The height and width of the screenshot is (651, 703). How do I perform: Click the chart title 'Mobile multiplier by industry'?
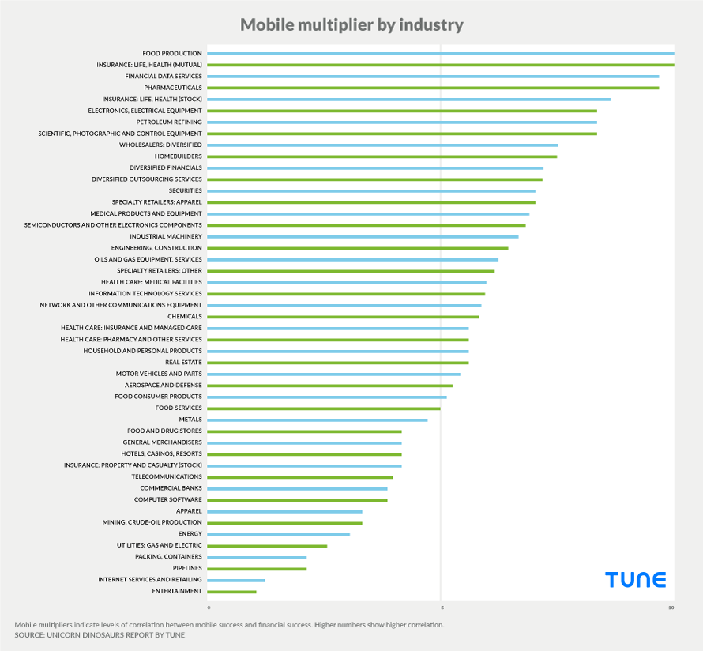[x=351, y=25]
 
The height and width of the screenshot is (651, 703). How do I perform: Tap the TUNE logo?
[x=636, y=580]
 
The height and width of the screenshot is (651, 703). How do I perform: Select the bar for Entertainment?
[x=231, y=592]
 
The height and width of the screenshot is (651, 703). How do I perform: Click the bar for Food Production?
[x=440, y=54]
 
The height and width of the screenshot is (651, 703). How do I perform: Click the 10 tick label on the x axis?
[x=671, y=608]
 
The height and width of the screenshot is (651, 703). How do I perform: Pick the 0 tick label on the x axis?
[x=209, y=608]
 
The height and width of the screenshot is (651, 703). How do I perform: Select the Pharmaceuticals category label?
[x=173, y=88]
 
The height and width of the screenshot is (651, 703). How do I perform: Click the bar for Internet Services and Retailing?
[x=235, y=580]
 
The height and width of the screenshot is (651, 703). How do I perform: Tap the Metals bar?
[x=317, y=420]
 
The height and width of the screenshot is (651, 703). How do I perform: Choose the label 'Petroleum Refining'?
[x=169, y=122]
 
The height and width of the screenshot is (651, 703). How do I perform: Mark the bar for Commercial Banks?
[x=297, y=488]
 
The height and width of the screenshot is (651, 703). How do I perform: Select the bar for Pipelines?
[x=257, y=569]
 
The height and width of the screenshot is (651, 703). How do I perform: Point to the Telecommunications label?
[x=167, y=476]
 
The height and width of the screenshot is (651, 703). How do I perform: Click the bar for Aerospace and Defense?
[x=329, y=386]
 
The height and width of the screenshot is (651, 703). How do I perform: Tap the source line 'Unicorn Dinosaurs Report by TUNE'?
[x=100, y=635]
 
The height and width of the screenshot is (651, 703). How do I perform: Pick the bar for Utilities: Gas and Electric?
[x=267, y=546]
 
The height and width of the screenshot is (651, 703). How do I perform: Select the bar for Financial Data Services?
[x=433, y=77]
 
